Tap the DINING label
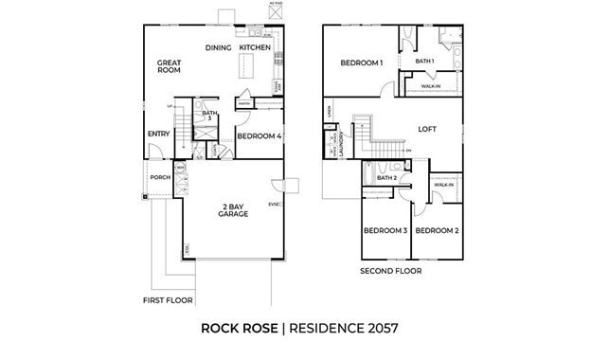[x=219, y=46]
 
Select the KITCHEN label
[x=255, y=46]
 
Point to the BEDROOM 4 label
[x=259, y=136]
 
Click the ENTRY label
[x=158, y=135]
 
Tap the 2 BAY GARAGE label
[x=234, y=209]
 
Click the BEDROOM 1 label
[x=362, y=63]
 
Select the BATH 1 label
[x=424, y=62]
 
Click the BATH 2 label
[x=386, y=177]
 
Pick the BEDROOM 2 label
[x=437, y=230]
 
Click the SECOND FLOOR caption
[x=390, y=271]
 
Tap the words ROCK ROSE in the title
[x=241, y=329]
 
